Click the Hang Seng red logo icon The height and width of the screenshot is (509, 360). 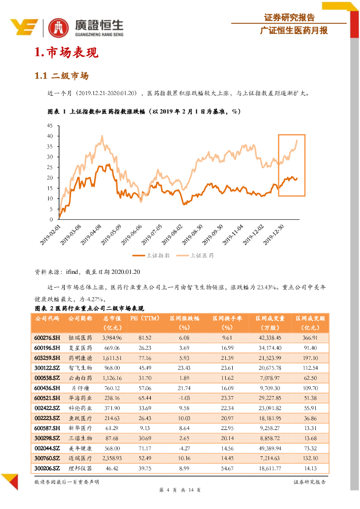pos(59,28)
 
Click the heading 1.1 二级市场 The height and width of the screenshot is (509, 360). pos(61,76)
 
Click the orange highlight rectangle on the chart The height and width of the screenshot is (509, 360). pos(291,165)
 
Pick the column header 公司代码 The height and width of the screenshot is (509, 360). pos(47,318)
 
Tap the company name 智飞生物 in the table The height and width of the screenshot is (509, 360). pos(80,368)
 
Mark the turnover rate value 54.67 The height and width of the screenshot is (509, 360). pos(227,468)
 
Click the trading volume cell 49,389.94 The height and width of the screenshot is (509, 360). pos(270,448)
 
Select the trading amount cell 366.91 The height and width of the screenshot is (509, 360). pos(310,338)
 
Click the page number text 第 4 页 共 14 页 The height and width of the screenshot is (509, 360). pos(180,490)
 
